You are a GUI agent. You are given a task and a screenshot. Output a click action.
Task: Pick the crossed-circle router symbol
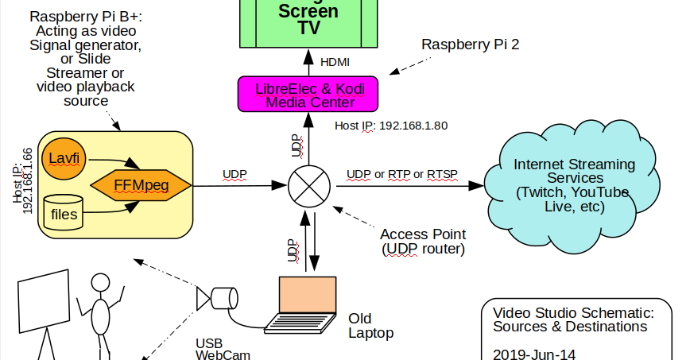tap(309, 186)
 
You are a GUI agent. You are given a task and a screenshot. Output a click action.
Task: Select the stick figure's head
tap(100, 283)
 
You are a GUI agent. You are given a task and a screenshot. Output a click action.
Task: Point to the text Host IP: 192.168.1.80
tap(390, 125)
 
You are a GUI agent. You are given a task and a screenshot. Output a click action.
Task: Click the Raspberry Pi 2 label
tap(470, 45)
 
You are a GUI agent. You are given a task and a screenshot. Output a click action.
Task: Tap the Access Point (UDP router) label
tap(422, 242)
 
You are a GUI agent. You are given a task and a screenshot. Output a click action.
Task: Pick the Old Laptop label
tap(370, 326)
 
